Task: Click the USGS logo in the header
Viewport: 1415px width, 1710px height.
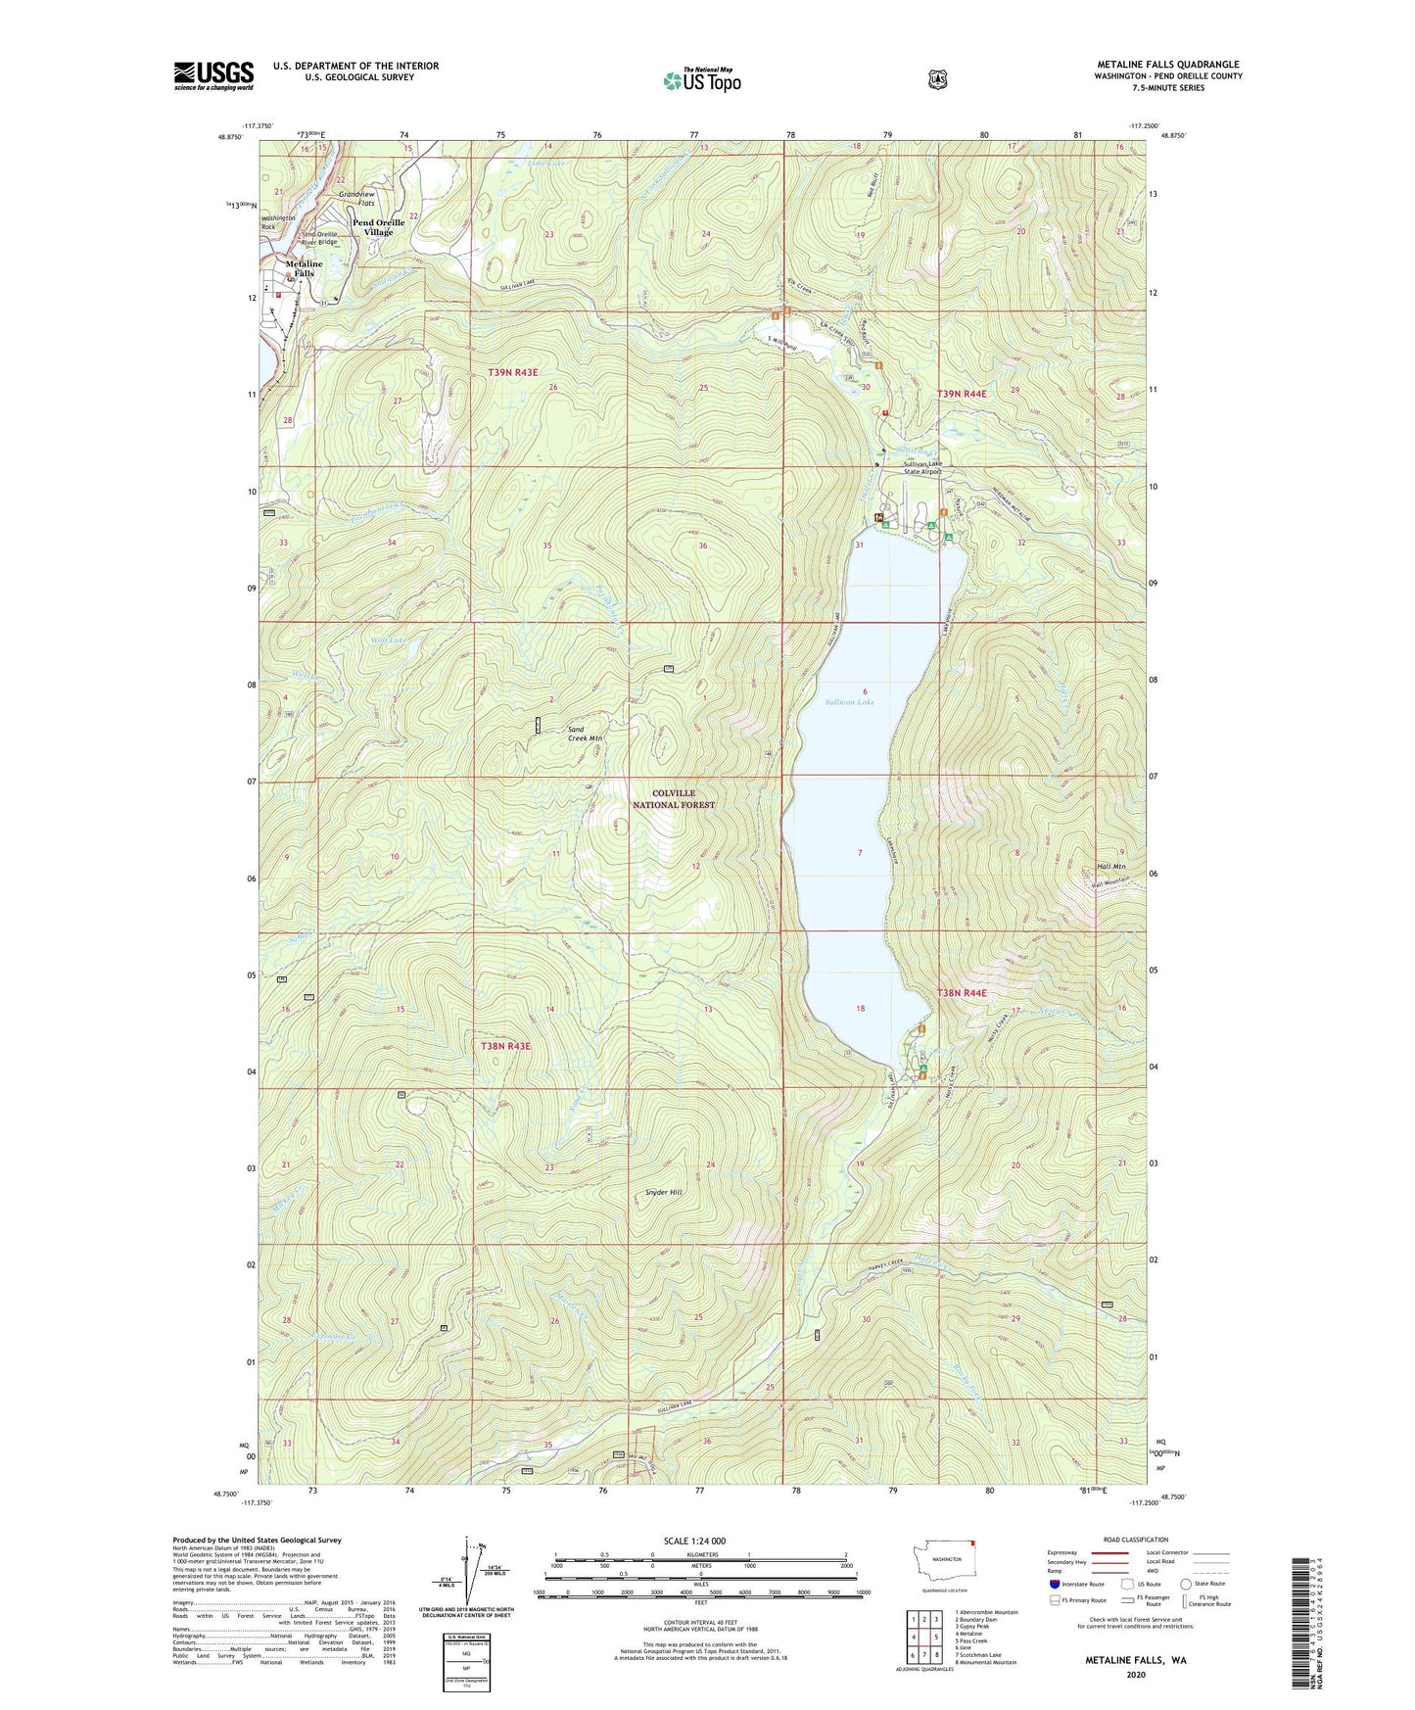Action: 213,75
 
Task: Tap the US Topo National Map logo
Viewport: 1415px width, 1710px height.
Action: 701,80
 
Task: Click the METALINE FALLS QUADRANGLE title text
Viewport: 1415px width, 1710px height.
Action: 1167,65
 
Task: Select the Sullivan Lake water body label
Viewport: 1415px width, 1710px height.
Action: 848,702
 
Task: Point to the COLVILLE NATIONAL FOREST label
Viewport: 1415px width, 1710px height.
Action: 674,799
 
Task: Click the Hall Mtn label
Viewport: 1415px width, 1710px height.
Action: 1110,867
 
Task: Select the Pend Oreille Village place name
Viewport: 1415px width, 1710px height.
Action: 378,227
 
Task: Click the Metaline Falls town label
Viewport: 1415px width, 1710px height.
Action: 304,268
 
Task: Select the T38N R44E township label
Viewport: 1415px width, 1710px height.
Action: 962,993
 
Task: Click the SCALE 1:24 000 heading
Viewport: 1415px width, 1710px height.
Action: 694,1541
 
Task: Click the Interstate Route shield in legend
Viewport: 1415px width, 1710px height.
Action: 1054,1584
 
